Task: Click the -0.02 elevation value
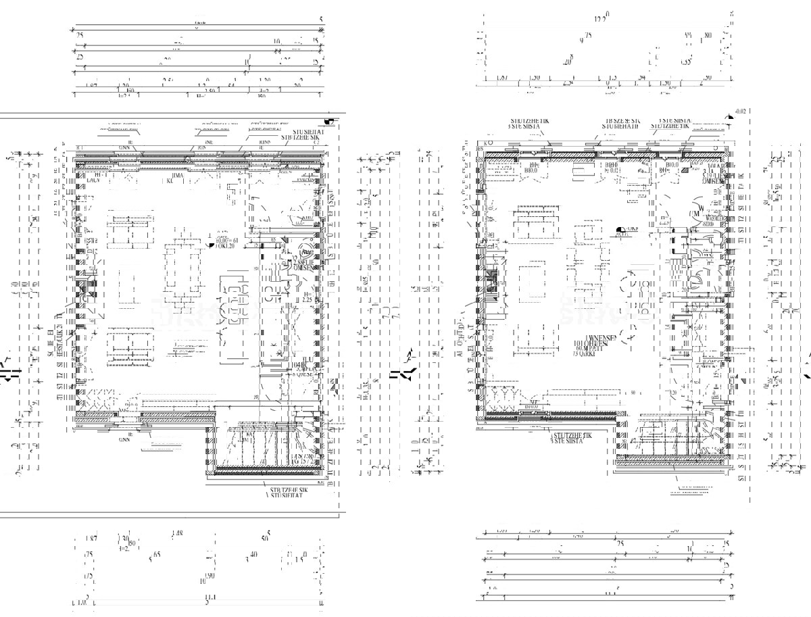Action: [x=739, y=111]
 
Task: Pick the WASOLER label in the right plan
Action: [x=715, y=218]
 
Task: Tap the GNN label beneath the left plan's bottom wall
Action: [x=124, y=439]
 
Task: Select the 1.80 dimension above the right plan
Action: [x=707, y=36]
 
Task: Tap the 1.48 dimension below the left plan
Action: [x=177, y=534]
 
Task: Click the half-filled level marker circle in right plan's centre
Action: [x=620, y=230]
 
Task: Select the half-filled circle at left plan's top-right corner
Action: [x=328, y=120]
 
